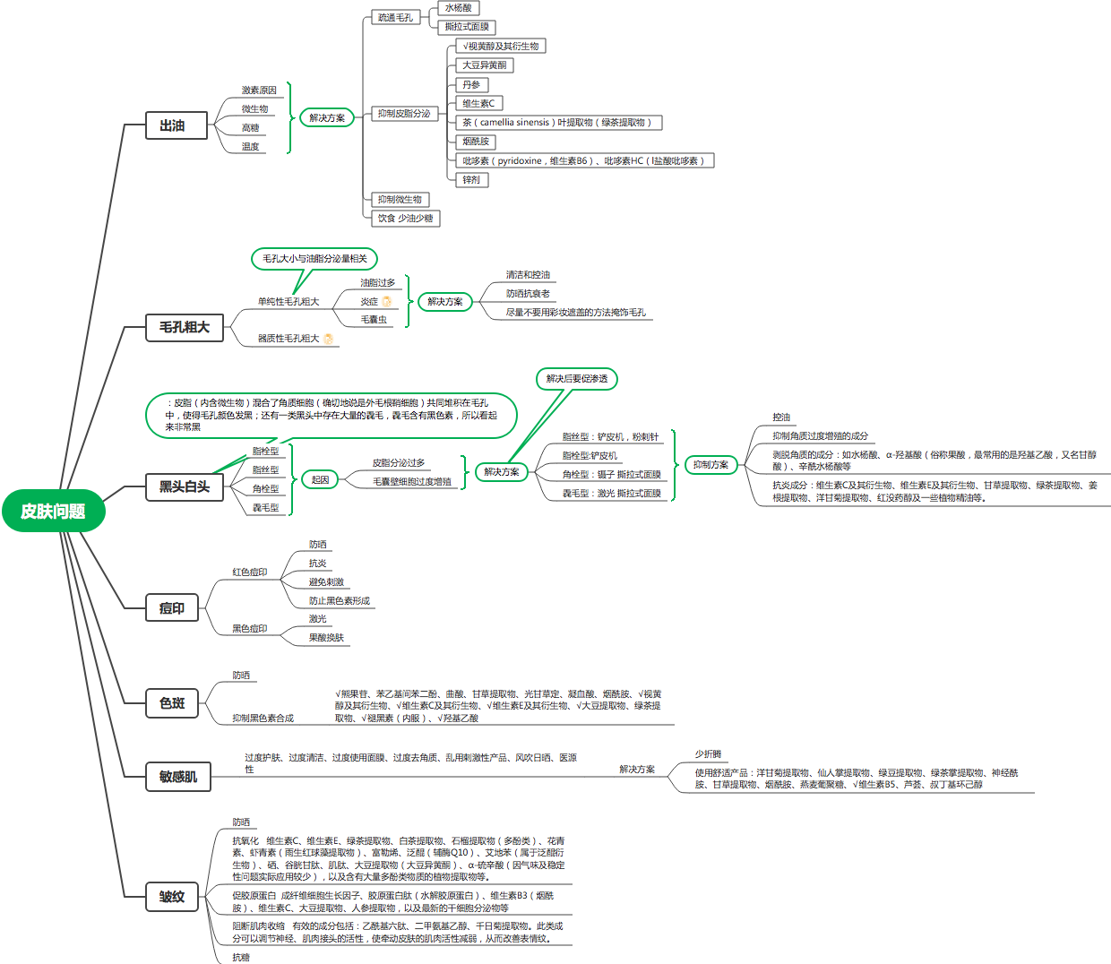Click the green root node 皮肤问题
[53, 512]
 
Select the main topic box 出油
[172, 126]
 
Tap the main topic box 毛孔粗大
[185, 328]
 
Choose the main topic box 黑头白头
[185, 487]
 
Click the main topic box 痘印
[172, 608]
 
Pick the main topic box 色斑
[172, 703]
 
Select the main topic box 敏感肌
[178, 777]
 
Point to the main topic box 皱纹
[172, 897]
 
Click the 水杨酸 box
[458, 8]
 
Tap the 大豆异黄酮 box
[485, 65]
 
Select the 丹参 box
[471, 85]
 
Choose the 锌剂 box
[471, 180]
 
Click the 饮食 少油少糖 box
[405, 219]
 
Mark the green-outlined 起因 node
[320, 480]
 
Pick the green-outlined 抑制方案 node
[711, 465]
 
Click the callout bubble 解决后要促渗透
[577, 379]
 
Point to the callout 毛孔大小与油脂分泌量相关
[314, 259]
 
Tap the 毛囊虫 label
[374, 320]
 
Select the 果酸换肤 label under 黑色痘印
[326, 638]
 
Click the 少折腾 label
[708, 754]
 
